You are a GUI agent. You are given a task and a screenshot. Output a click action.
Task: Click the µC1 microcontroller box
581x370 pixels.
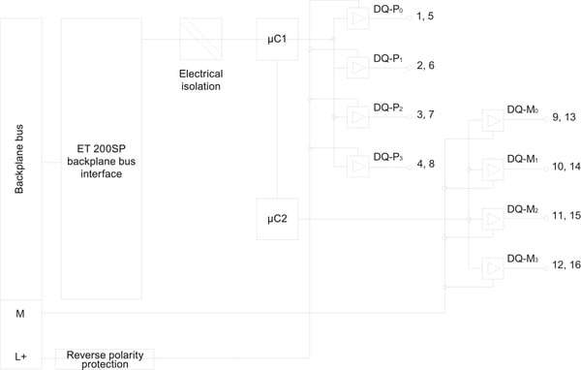pos(277,40)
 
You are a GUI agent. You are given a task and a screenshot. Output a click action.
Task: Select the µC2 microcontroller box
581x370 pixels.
pos(277,219)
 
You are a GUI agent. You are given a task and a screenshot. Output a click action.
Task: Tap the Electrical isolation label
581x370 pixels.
pos(200,80)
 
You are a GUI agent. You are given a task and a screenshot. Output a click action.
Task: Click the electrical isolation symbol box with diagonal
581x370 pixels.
pos(200,39)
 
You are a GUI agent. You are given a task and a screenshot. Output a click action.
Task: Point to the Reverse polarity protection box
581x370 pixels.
pos(105,359)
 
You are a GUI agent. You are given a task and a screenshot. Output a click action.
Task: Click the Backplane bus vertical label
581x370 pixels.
pos(19,159)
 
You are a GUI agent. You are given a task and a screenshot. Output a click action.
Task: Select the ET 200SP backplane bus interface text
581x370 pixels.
pos(101,162)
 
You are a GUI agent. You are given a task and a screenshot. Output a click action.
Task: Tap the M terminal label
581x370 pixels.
pos(20,314)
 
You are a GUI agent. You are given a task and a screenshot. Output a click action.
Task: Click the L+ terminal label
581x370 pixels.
pos(20,356)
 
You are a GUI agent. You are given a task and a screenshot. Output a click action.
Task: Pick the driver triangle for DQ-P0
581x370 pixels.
pos(358,18)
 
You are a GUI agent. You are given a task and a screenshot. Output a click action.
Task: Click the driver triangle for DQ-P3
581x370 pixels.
pos(358,166)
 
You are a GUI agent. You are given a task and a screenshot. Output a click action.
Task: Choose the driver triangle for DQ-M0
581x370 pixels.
pos(493,120)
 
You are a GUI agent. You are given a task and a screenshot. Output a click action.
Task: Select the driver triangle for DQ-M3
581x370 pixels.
pos(493,269)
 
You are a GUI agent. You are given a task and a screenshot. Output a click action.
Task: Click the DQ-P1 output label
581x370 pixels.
pos(388,58)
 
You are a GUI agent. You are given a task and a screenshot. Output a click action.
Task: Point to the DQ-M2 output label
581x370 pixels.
pos(523,209)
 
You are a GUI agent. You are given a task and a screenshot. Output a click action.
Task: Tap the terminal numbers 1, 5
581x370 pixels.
pos(425,15)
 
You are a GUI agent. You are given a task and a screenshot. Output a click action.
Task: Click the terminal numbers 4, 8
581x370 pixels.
pos(425,164)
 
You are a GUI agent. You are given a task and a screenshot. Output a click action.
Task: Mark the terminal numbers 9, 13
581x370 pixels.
pos(564,117)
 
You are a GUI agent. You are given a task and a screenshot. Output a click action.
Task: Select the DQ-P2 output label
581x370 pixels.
pos(388,108)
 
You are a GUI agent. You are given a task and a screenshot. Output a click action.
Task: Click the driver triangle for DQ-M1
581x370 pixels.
pos(493,170)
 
